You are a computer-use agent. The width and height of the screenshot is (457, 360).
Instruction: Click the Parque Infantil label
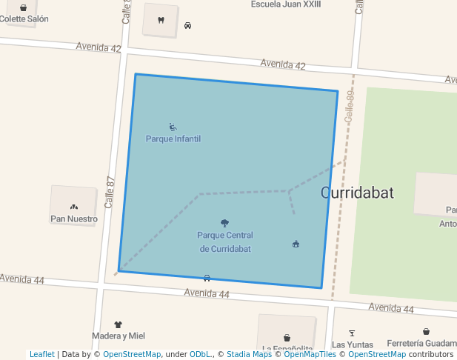coord(173,139)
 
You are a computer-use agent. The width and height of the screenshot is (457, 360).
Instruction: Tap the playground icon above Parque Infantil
coord(173,127)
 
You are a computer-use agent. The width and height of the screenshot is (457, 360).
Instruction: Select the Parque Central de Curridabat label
coord(224,242)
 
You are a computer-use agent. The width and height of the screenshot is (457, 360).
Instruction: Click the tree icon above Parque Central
coord(224,222)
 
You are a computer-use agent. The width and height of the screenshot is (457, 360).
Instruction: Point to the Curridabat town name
coord(357,193)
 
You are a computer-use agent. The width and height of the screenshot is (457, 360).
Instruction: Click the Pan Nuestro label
coord(73,219)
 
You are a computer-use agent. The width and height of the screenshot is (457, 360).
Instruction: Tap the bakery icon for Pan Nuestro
coord(73,206)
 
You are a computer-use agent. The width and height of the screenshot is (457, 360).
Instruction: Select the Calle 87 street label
coord(110,191)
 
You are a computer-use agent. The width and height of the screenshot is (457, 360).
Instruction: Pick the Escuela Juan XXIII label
coord(285,4)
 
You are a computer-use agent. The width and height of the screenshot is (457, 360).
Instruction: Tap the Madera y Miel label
coord(118,336)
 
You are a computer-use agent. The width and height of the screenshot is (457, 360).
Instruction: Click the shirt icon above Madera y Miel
coord(118,324)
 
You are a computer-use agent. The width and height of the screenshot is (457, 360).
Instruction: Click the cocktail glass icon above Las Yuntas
coord(351,333)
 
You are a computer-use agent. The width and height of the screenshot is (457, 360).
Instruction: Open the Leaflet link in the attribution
coord(41,354)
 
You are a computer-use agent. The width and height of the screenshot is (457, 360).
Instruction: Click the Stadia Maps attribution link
coord(249,354)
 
